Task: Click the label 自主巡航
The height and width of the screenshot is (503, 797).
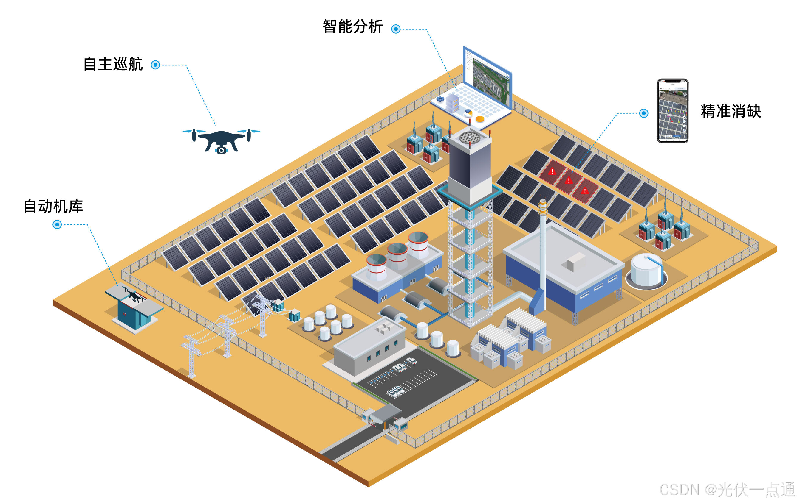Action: (113, 64)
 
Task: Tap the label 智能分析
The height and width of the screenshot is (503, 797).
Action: (352, 26)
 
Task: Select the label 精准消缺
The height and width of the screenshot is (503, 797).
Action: (731, 111)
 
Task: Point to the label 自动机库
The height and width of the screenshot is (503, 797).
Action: (53, 206)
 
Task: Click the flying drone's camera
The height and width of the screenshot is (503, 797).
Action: (222, 150)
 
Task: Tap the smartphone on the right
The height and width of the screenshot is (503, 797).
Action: (672, 111)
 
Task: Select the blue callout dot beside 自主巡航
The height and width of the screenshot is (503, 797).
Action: (155, 65)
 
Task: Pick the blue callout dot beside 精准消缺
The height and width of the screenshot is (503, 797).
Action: (643, 113)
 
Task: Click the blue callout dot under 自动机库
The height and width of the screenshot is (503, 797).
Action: (57, 225)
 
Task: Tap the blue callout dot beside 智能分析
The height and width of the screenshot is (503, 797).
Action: (396, 29)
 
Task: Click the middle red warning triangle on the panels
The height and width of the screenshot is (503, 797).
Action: (569, 181)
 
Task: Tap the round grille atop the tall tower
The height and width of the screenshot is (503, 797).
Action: (470, 137)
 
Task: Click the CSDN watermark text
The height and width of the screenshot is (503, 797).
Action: (727, 489)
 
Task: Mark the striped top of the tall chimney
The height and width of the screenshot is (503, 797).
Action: (542, 207)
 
